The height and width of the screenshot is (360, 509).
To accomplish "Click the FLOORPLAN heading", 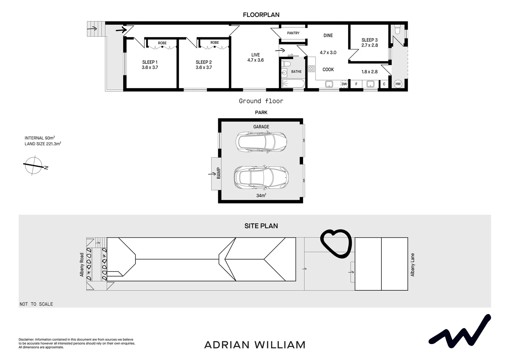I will click(x=261, y=15).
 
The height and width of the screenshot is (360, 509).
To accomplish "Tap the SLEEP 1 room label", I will click(x=150, y=62).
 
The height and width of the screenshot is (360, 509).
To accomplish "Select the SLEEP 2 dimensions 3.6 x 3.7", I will click(x=204, y=67).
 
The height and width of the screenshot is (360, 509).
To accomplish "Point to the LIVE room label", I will click(x=255, y=55).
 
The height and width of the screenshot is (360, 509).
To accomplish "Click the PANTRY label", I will click(x=293, y=33).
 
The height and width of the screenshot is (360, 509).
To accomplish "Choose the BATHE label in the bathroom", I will click(x=296, y=72).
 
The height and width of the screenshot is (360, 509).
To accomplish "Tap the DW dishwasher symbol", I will click(x=344, y=84).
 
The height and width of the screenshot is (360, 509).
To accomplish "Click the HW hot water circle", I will click(x=398, y=84).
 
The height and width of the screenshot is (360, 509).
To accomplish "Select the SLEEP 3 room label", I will click(x=369, y=40).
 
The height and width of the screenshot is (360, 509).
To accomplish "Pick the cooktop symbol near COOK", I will click(x=311, y=69).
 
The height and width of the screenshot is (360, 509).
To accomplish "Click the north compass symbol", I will click(x=33, y=165).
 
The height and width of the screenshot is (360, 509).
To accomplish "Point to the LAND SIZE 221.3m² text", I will click(x=43, y=144).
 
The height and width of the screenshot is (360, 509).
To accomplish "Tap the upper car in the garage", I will click(x=261, y=142).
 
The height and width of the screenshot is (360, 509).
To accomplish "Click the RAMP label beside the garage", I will click(x=219, y=173).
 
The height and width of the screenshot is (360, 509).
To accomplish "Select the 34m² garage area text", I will click(x=261, y=196).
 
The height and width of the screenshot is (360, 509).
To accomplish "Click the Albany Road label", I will click(x=82, y=265).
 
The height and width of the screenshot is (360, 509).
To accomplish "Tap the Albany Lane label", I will click(x=413, y=265).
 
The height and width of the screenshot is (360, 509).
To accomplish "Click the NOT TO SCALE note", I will click(x=36, y=304).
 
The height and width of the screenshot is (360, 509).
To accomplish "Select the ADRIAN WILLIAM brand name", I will click(x=254, y=345).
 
